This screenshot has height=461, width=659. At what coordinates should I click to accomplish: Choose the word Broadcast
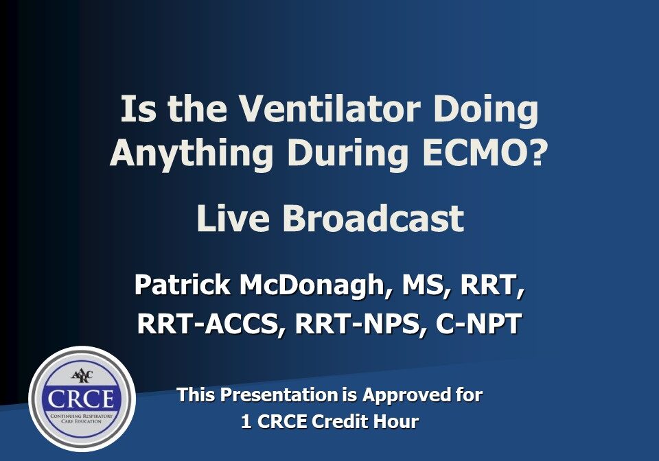pyautogui.click(x=373, y=219)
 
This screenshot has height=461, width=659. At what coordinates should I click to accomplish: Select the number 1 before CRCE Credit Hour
pyautogui.click(x=246, y=422)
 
